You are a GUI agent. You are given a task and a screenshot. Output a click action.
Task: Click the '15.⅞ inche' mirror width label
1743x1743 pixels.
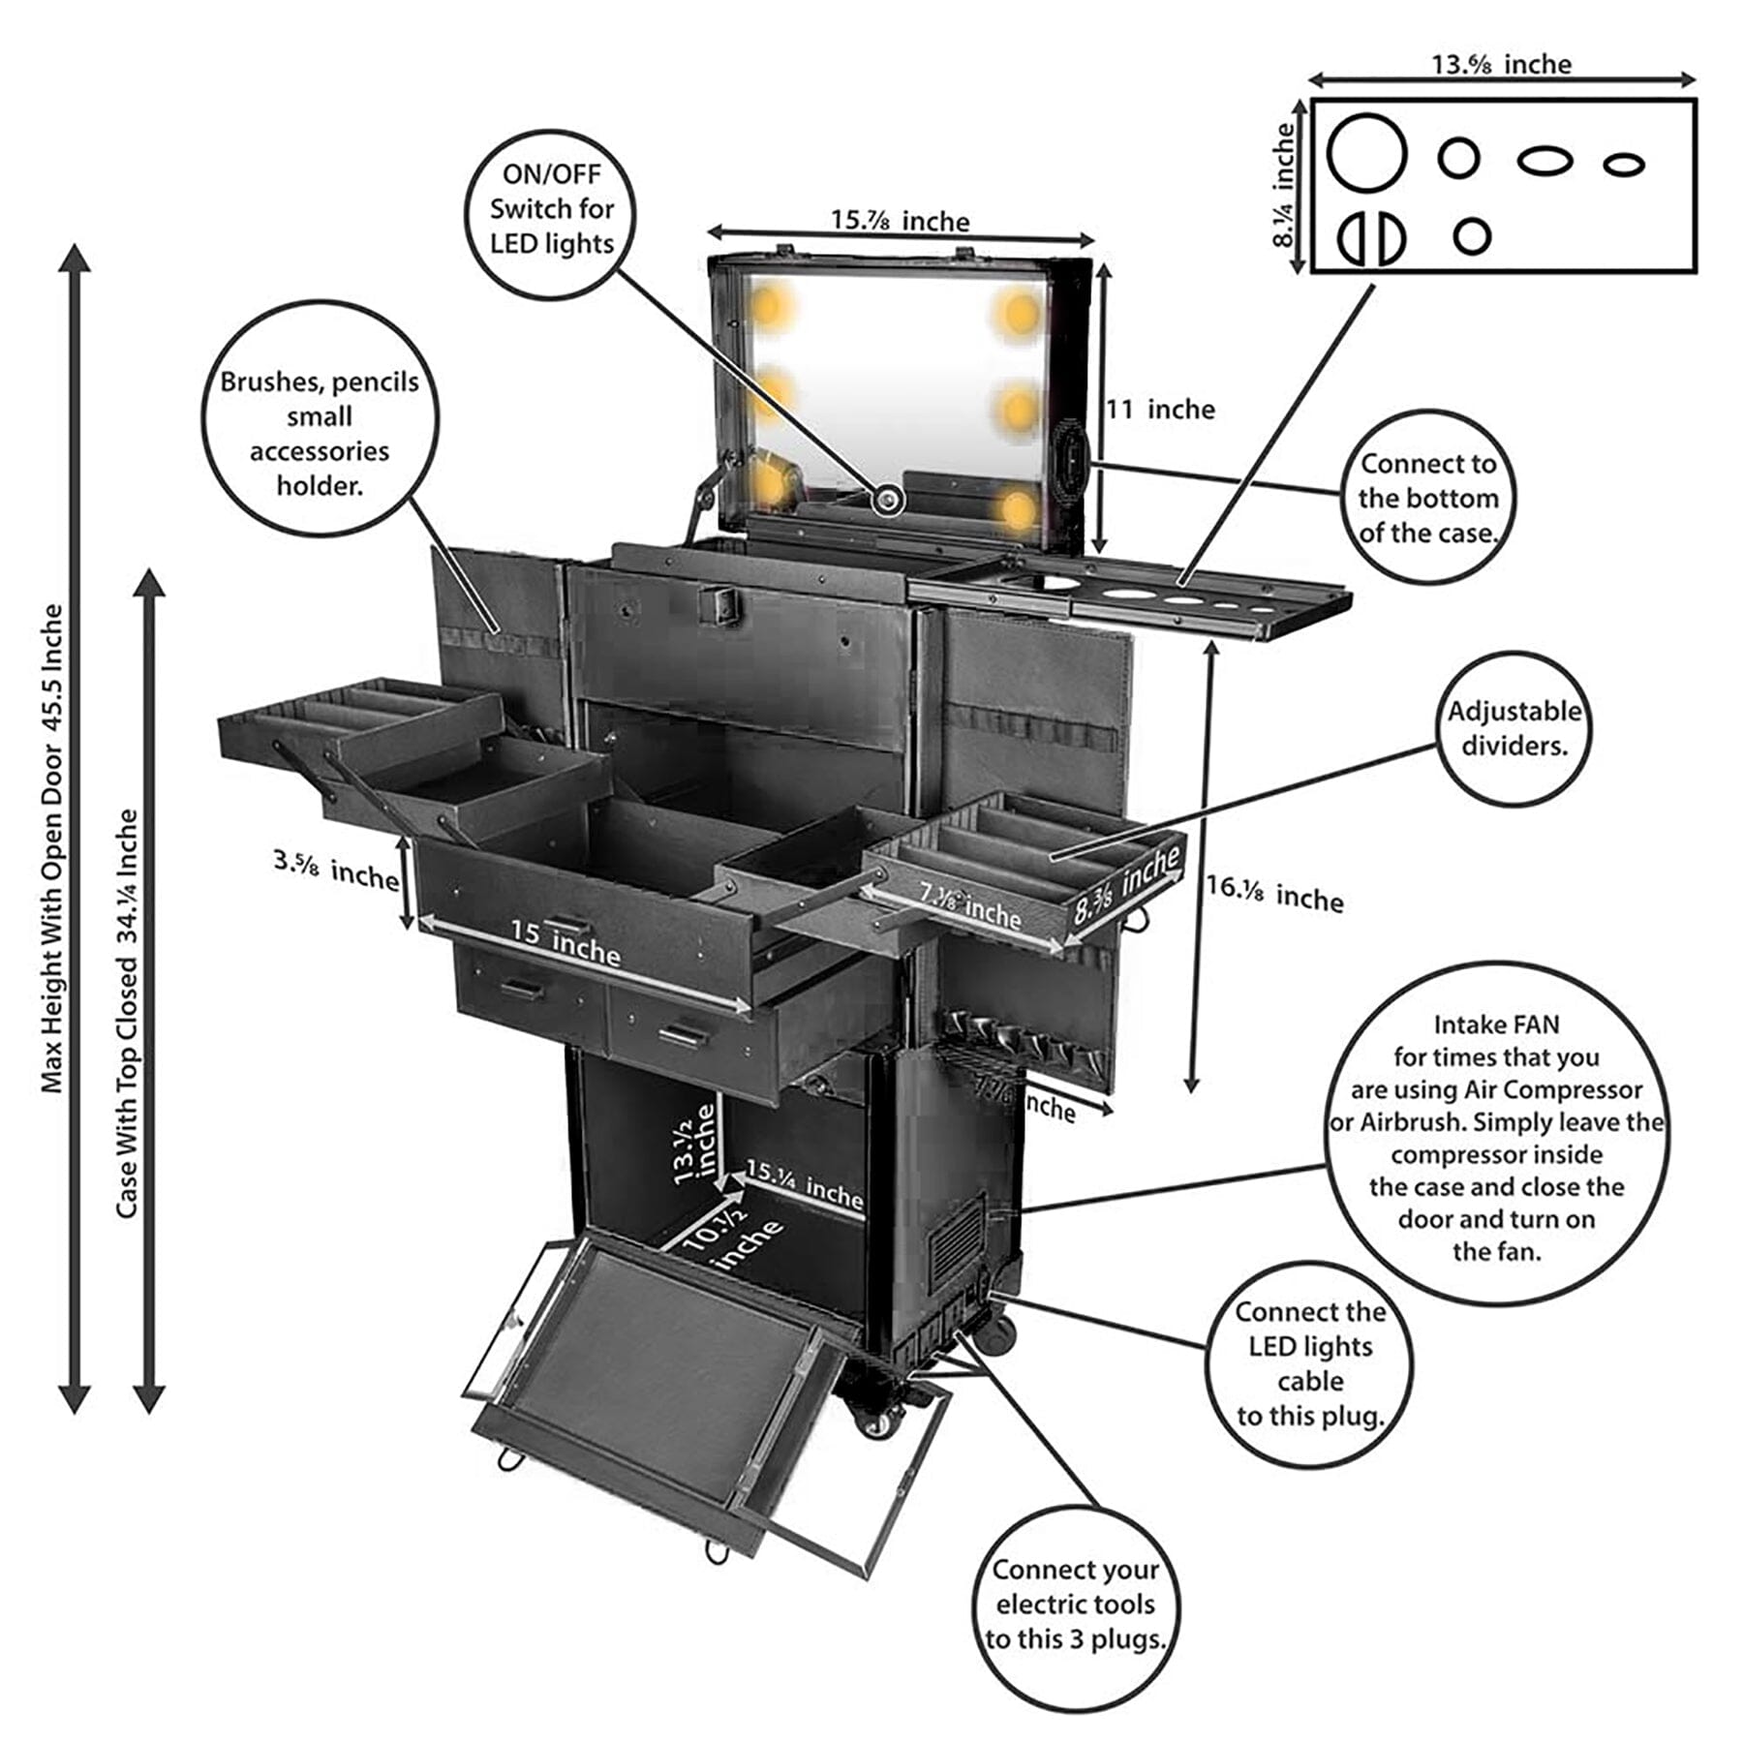(900, 222)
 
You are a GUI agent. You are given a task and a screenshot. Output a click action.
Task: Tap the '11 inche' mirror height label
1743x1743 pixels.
(1160, 410)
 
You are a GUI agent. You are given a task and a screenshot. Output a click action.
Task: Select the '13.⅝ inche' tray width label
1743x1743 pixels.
(1501, 65)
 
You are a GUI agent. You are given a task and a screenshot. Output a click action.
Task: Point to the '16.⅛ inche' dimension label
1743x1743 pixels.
(1273, 894)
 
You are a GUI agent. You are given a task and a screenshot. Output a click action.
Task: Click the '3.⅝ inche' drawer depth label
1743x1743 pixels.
(335, 869)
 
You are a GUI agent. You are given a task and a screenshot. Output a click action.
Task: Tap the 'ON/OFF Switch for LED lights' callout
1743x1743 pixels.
(552, 210)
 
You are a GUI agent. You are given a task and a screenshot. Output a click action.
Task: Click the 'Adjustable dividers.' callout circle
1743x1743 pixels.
(1514, 728)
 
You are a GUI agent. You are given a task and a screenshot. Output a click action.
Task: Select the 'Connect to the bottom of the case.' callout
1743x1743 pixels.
(1427, 498)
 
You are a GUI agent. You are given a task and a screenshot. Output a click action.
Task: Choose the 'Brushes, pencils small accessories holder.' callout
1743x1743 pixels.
(320, 434)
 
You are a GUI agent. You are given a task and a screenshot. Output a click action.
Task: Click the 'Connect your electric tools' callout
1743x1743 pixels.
(1075, 1605)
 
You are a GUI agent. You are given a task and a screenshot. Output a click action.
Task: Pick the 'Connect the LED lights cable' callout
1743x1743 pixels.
(1309, 1363)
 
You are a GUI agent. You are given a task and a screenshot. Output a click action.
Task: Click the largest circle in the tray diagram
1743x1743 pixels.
(1366, 153)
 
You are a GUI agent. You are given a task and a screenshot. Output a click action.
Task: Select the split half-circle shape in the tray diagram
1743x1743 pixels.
(1371, 238)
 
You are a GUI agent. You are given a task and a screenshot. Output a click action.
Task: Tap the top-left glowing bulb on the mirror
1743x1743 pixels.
(767, 307)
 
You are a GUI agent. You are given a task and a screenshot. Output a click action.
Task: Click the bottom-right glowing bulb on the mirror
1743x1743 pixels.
(1018, 509)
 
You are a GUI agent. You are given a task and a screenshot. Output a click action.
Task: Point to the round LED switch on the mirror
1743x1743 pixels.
(887, 500)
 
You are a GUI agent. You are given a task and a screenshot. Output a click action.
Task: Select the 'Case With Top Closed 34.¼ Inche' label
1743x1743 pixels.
(127, 1013)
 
